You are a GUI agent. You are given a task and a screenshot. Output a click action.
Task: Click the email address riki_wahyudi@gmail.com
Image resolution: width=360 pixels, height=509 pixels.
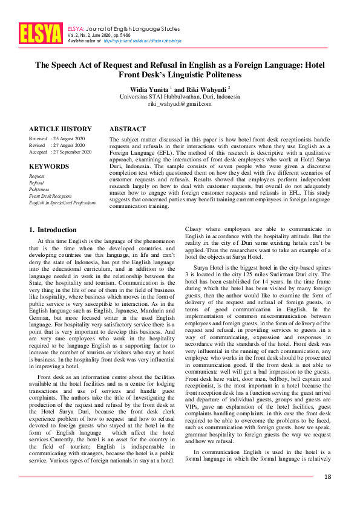(x=180, y=103)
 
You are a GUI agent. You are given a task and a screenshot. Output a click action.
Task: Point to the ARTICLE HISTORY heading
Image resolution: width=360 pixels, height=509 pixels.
(x=61, y=129)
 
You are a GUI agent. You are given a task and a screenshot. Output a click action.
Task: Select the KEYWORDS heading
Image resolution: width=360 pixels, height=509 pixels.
(x=49, y=165)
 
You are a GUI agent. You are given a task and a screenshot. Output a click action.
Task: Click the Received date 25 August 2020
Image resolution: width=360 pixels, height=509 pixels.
(x=71, y=139)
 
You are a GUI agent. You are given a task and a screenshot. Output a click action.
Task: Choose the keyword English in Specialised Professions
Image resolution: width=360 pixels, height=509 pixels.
(x=62, y=203)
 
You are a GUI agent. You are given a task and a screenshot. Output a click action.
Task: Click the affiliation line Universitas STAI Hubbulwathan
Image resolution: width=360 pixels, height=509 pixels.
(x=180, y=96)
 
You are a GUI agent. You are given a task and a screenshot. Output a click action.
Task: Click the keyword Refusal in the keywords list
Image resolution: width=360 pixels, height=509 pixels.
(x=38, y=182)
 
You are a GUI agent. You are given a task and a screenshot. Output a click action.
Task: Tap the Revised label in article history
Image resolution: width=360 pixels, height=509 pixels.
(x=38, y=146)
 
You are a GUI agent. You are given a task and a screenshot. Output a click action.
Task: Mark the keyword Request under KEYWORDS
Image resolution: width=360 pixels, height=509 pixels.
(x=38, y=175)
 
